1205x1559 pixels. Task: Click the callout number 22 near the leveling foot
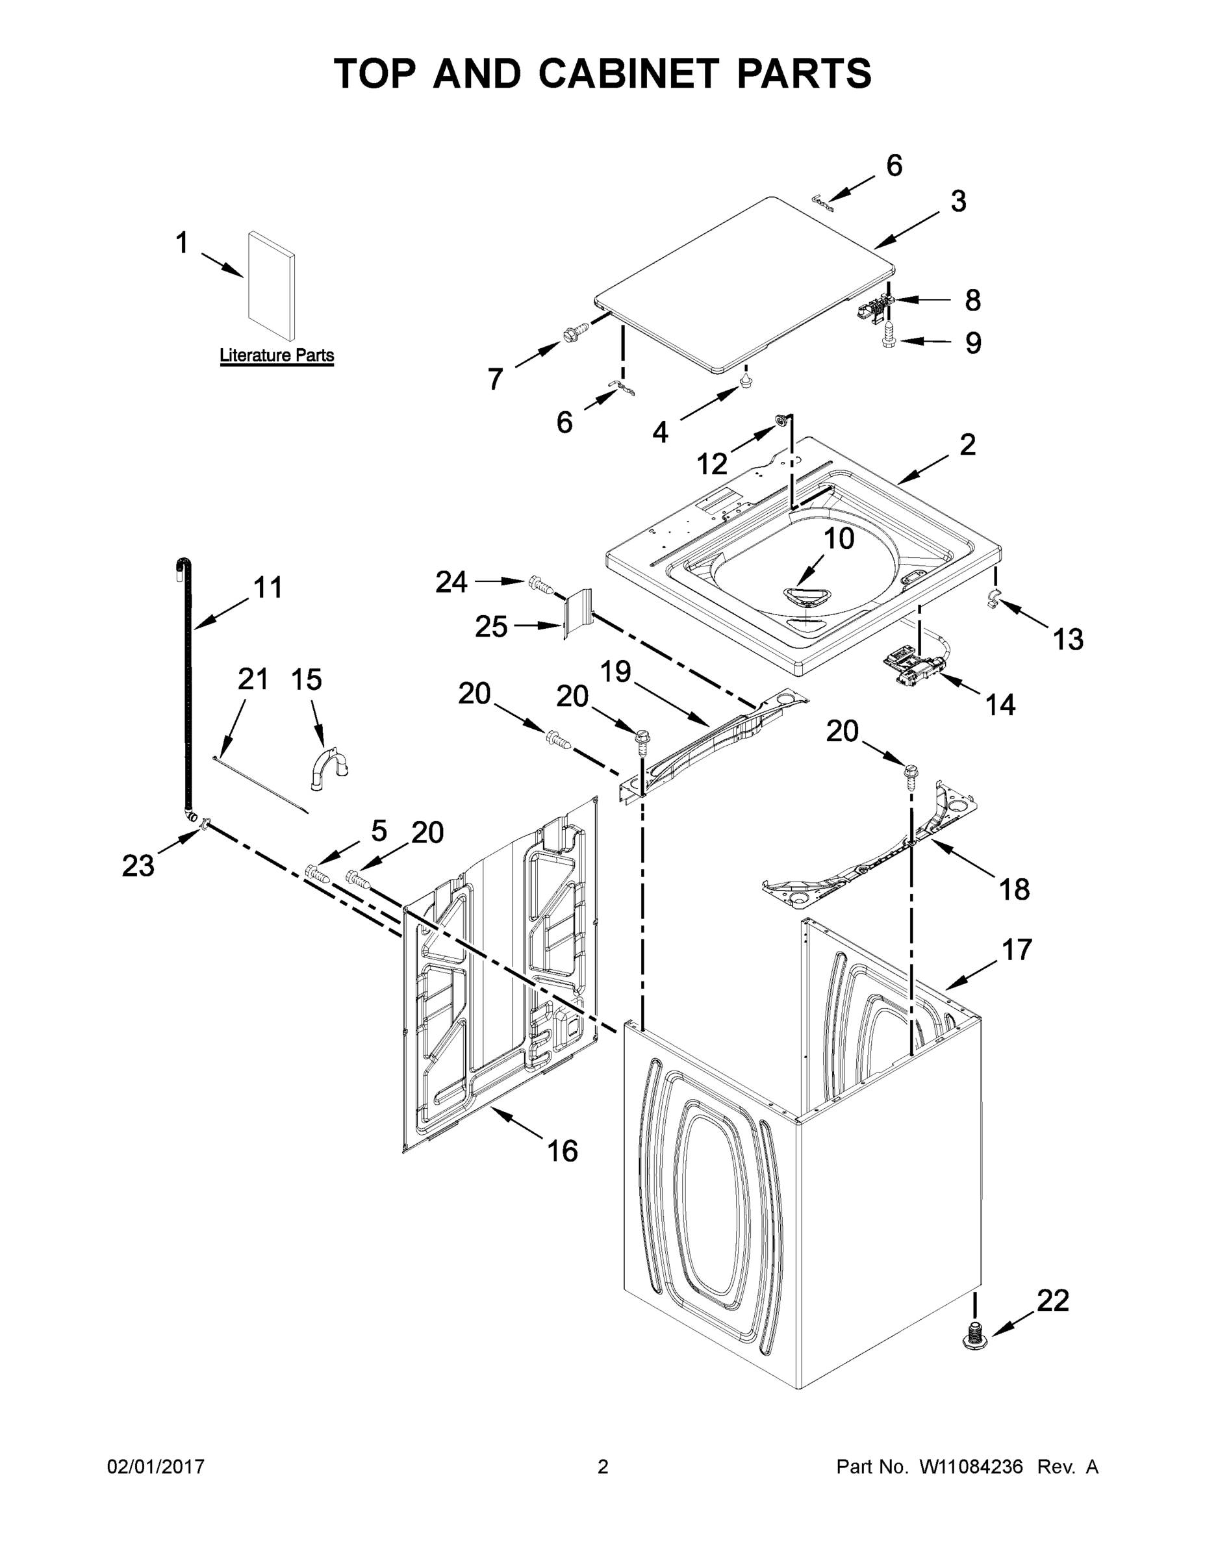coord(1053,1300)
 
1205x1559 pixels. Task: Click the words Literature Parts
coord(276,355)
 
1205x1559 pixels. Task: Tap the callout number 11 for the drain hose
coord(268,587)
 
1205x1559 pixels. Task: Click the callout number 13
coord(1068,639)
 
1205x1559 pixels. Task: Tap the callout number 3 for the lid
coord(958,201)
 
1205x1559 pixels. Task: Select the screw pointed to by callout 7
coord(576,331)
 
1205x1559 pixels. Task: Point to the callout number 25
coord(491,627)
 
